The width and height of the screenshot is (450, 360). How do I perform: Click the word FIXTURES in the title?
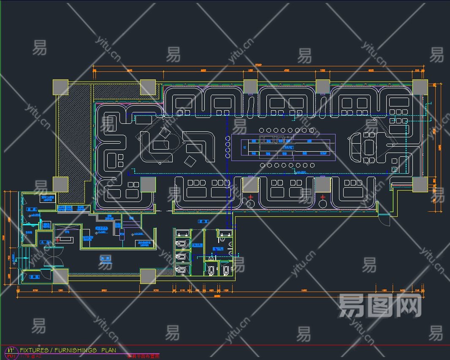coord(34,350)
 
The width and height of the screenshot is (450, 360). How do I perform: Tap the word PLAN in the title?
coord(108,350)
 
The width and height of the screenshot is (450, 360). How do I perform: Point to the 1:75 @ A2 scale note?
coord(31,356)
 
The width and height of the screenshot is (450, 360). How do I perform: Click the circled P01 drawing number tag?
coord(11,356)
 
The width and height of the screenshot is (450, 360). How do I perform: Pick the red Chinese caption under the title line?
coord(143,356)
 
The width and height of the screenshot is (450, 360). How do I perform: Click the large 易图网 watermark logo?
coord(380,305)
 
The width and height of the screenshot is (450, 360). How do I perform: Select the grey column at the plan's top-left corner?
coord(60,87)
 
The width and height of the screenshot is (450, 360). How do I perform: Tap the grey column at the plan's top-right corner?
coord(420,87)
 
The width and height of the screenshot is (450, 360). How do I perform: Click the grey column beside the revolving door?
coord(60,276)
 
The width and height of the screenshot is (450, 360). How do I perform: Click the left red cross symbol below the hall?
coord(251,197)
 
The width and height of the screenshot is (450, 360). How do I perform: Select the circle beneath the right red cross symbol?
coord(323,205)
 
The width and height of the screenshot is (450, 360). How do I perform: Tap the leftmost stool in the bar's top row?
coord(261,130)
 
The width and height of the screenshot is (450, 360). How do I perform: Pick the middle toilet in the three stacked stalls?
coord(182,256)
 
